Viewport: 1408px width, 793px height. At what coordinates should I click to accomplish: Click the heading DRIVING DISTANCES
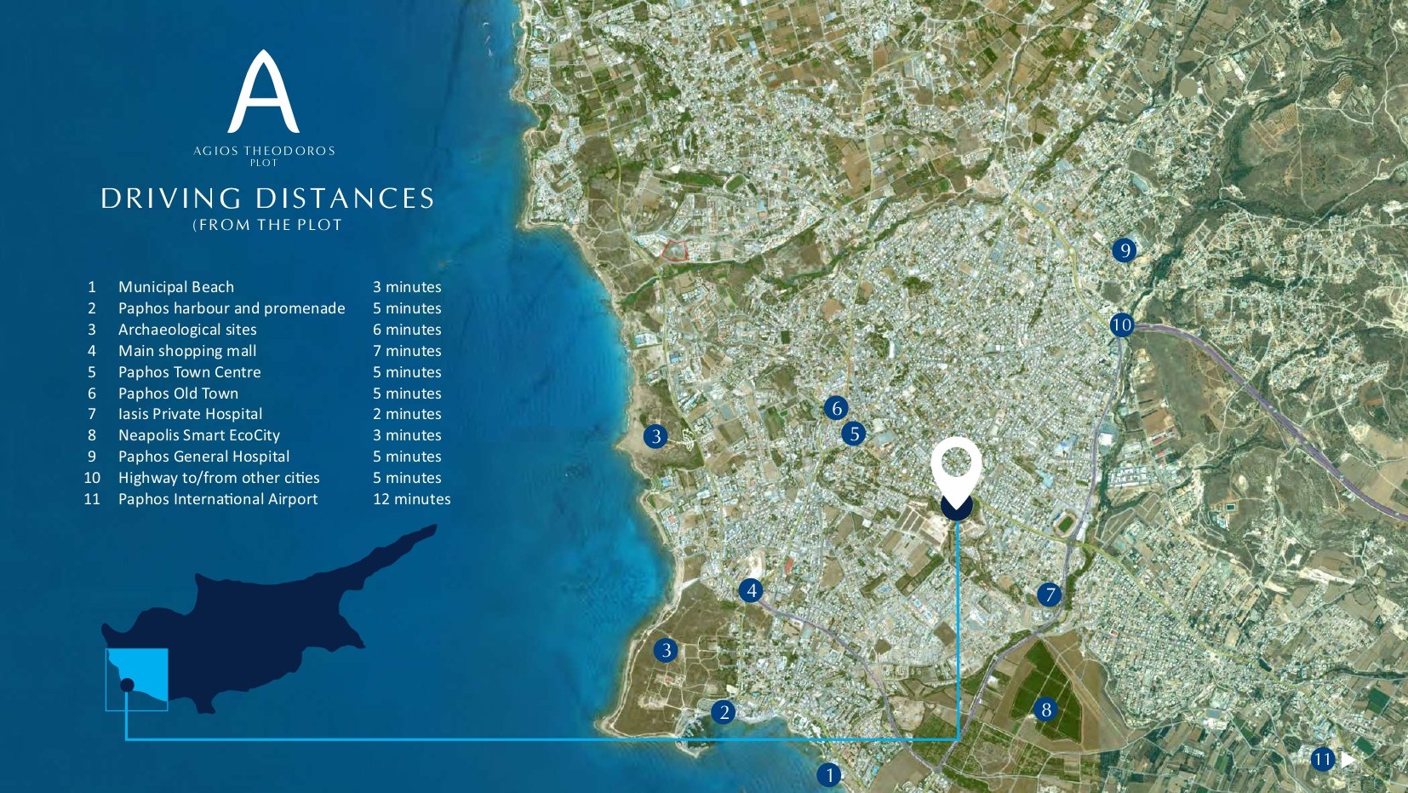click(x=267, y=198)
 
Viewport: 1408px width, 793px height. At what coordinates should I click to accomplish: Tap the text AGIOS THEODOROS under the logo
click(x=264, y=151)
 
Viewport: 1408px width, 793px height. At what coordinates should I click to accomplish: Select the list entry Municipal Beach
click(x=175, y=287)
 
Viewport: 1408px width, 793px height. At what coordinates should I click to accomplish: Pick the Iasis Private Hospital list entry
click(x=190, y=414)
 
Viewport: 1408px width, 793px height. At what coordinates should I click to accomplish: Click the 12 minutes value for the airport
click(x=411, y=499)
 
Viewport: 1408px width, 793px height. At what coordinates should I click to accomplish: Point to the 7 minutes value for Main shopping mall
click(x=407, y=351)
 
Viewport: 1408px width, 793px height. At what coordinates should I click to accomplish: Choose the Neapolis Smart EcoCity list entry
click(x=198, y=435)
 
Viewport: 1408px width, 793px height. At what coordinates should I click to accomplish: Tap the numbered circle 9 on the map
click(x=1125, y=250)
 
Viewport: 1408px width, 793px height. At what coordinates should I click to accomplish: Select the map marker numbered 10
click(x=1122, y=325)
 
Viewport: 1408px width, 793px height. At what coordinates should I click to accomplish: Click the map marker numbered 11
click(x=1322, y=759)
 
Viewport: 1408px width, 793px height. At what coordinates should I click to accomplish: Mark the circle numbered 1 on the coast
click(x=828, y=775)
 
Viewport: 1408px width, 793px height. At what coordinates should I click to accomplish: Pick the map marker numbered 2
click(x=724, y=712)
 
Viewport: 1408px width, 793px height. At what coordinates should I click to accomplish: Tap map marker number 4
click(x=751, y=590)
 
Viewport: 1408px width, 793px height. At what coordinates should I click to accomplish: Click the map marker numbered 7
click(x=1050, y=595)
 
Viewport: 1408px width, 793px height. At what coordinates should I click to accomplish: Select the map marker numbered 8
click(x=1046, y=710)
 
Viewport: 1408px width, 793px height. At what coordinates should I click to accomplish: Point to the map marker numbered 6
click(x=837, y=408)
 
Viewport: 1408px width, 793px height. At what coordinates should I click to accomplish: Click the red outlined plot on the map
click(x=675, y=250)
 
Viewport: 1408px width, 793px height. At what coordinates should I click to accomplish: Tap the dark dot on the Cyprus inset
click(x=127, y=685)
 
